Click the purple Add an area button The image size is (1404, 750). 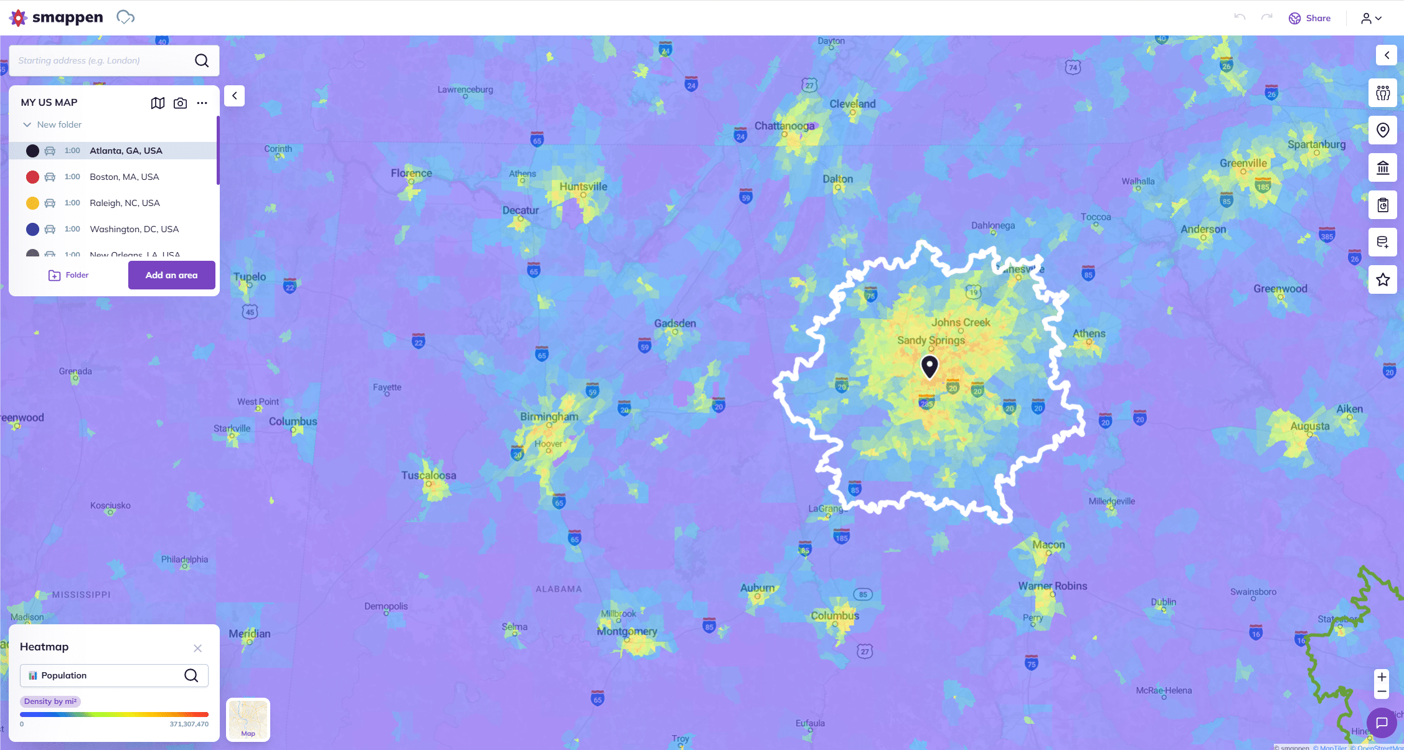tap(171, 275)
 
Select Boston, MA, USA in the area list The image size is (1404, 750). tap(124, 177)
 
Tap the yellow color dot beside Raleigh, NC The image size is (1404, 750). tap(32, 203)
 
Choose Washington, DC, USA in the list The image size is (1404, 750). tap(134, 229)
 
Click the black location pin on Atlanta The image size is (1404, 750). tap(929, 365)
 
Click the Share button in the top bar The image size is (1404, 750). tap(1309, 18)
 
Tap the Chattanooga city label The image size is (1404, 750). tap(784, 126)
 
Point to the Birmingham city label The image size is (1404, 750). tap(549, 416)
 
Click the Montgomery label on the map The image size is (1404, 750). tap(627, 631)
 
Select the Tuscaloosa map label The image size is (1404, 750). tap(428, 476)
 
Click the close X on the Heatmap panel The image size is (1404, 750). tap(197, 648)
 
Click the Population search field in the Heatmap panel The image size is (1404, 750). tap(106, 675)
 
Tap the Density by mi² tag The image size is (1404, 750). tap(50, 701)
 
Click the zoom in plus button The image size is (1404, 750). tap(1382, 677)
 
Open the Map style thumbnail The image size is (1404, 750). tap(248, 720)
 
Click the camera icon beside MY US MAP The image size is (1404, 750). tap(180, 103)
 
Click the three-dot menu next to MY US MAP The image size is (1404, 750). tap(202, 103)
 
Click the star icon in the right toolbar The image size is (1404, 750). tap(1382, 279)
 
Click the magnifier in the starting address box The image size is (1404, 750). tap(202, 60)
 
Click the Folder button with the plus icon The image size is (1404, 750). tap(68, 275)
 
